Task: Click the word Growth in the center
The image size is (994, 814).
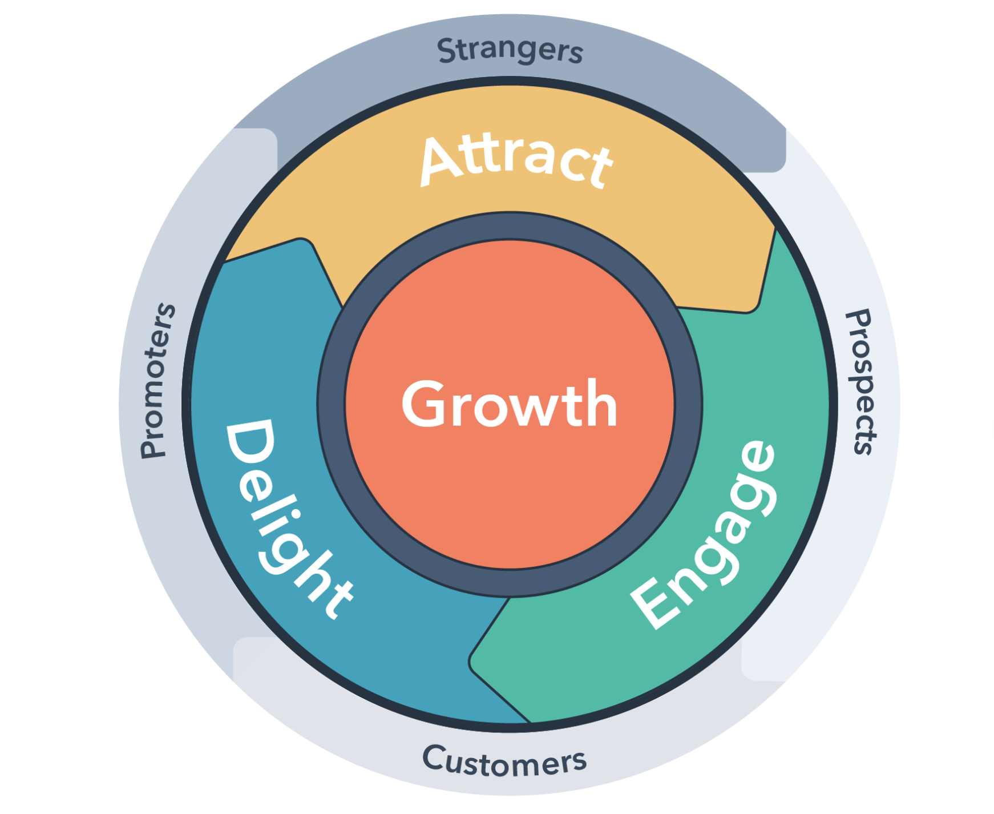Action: tap(510, 404)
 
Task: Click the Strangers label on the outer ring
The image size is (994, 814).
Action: tap(510, 50)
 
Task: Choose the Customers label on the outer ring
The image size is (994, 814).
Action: tap(504, 761)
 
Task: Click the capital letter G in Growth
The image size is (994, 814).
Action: tap(427, 404)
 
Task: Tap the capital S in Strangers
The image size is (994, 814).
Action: tap(448, 50)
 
